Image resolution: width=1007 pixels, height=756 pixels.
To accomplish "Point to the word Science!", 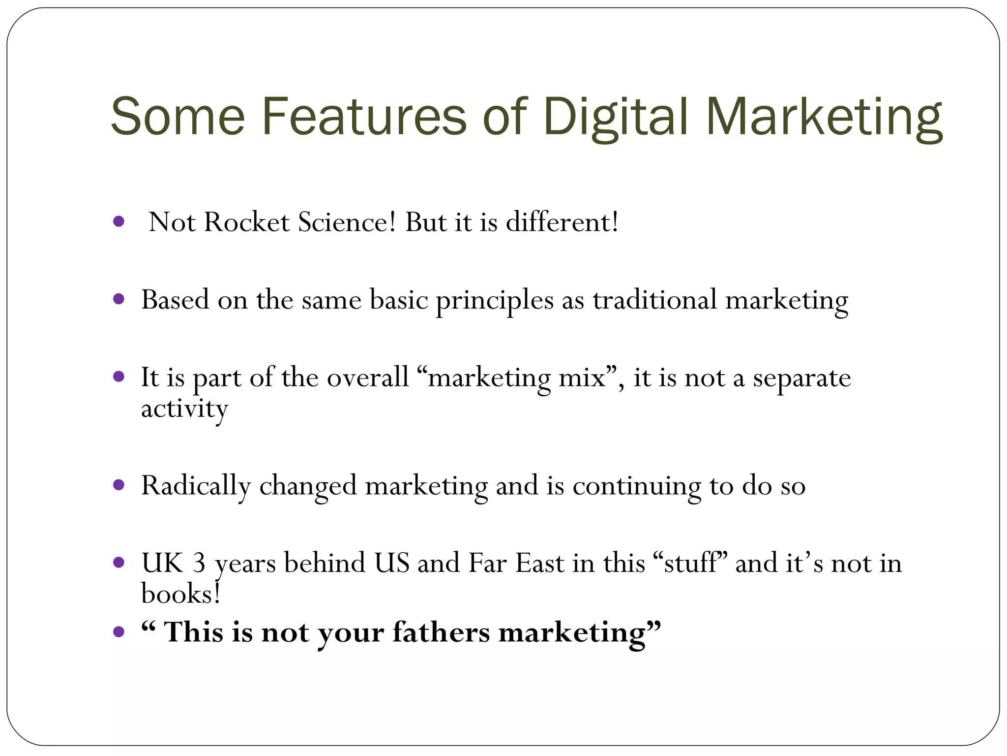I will tap(347, 222).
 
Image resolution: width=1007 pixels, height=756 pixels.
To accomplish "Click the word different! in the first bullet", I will tap(562, 222).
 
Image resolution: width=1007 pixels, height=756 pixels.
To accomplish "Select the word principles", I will tap(495, 300).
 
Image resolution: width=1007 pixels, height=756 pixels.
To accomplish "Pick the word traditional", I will tap(654, 300).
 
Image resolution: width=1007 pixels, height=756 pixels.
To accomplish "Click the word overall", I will tap(368, 378).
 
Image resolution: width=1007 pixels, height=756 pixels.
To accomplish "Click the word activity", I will tap(184, 409).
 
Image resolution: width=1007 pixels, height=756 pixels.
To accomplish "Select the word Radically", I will tap(196, 486).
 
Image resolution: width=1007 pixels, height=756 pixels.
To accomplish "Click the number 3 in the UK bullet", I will tap(199, 563).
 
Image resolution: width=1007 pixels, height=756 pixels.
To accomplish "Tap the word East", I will tap(539, 563).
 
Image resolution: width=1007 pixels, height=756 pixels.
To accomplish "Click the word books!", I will tap(180, 594).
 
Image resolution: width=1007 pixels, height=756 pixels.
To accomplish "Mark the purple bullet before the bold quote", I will tap(118, 631).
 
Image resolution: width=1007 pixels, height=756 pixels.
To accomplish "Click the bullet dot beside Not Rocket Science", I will tap(118, 221).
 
